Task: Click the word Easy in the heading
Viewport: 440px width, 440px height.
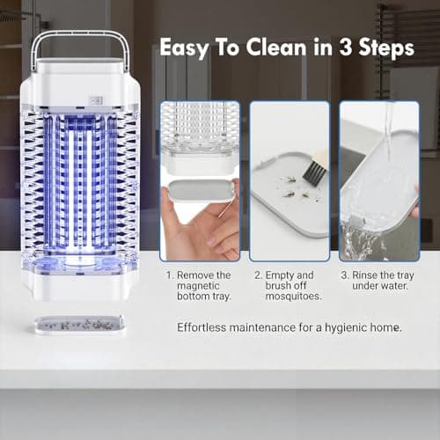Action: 186,48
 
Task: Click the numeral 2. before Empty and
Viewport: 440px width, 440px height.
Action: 259,275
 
